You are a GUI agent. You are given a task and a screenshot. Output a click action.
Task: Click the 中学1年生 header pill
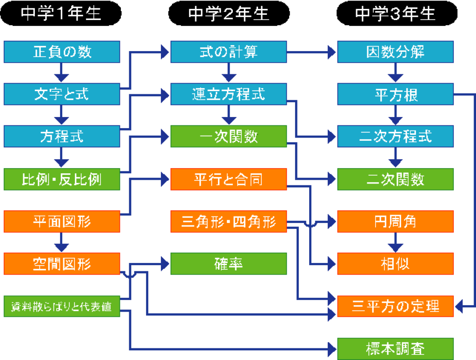click(x=61, y=14)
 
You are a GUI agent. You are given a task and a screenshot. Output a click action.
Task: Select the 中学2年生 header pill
click(x=229, y=14)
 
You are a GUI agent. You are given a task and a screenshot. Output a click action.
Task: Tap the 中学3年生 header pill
click(x=396, y=14)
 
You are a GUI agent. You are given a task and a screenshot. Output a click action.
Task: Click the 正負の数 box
click(x=62, y=52)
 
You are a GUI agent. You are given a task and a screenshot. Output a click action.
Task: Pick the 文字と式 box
click(x=62, y=94)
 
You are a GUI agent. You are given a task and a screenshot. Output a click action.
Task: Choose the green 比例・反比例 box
click(x=62, y=179)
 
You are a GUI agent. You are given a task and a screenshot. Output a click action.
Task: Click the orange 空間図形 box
click(x=62, y=263)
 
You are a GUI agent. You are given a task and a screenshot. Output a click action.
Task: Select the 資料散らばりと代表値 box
click(x=62, y=306)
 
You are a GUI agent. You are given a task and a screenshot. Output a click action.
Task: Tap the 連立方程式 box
click(x=229, y=94)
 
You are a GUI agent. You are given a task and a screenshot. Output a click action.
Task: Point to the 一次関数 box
click(x=229, y=137)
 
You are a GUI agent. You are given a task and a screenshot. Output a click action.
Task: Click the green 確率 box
click(x=229, y=263)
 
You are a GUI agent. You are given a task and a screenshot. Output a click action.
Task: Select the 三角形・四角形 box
click(x=229, y=221)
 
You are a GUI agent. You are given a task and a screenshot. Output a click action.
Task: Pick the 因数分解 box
click(x=396, y=52)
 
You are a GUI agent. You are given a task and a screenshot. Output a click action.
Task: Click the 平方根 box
click(x=396, y=94)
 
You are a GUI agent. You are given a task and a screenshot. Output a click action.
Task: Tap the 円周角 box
click(x=396, y=221)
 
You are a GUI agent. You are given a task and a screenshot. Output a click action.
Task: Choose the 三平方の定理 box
click(x=396, y=306)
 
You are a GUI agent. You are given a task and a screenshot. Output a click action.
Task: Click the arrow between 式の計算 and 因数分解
click(x=311, y=52)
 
